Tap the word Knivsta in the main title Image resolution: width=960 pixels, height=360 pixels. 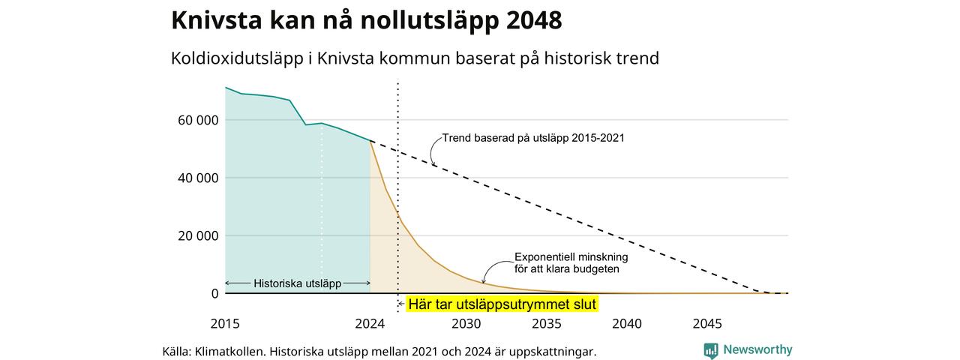(x=217, y=20)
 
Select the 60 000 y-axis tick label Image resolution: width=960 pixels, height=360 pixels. (x=198, y=121)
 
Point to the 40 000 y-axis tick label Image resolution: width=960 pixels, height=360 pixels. (x=198, y=178)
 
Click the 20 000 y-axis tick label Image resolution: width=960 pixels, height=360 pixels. (x=198, y=235)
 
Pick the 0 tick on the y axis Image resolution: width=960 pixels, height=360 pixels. (x=214, y=293)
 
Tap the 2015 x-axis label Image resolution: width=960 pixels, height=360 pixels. (x=225, y=323)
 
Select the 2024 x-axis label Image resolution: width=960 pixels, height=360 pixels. (x=370, y=323)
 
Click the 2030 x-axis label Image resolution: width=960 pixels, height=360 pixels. (x=466, y=323)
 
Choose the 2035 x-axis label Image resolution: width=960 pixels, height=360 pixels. (x=547, y=323)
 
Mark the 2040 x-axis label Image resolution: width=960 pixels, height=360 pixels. (x=627, y=323)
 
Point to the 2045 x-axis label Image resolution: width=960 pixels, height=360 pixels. (x=707, y=323)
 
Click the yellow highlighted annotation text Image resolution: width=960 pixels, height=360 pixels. (x=502, y=304)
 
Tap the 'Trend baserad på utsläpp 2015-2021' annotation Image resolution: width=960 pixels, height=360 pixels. (x=533, y=138)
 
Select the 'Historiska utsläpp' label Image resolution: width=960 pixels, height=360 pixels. (x=298, y=283)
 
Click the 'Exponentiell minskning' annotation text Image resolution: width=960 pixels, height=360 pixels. (x=571, y=257)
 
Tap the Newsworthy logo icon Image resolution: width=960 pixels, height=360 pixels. (x=710, y=350)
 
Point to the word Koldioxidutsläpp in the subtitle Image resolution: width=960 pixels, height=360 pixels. (x=237, y=58)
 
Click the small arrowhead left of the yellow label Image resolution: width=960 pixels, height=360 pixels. (x=400, y=304)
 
